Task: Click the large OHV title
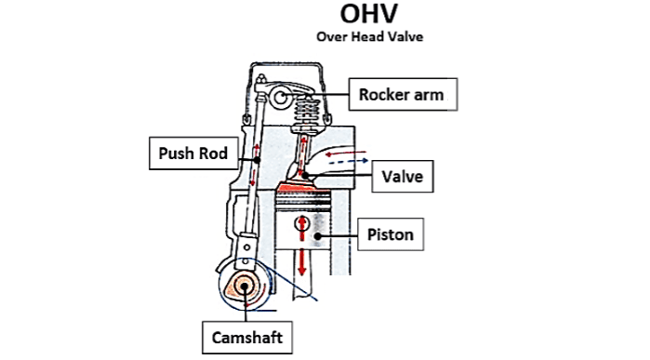coord(369,16)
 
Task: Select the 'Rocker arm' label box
coord(402,93)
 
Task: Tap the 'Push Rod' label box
coord(190,153)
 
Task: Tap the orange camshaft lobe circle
coord(245,287)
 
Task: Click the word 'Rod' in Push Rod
coord(212,153)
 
